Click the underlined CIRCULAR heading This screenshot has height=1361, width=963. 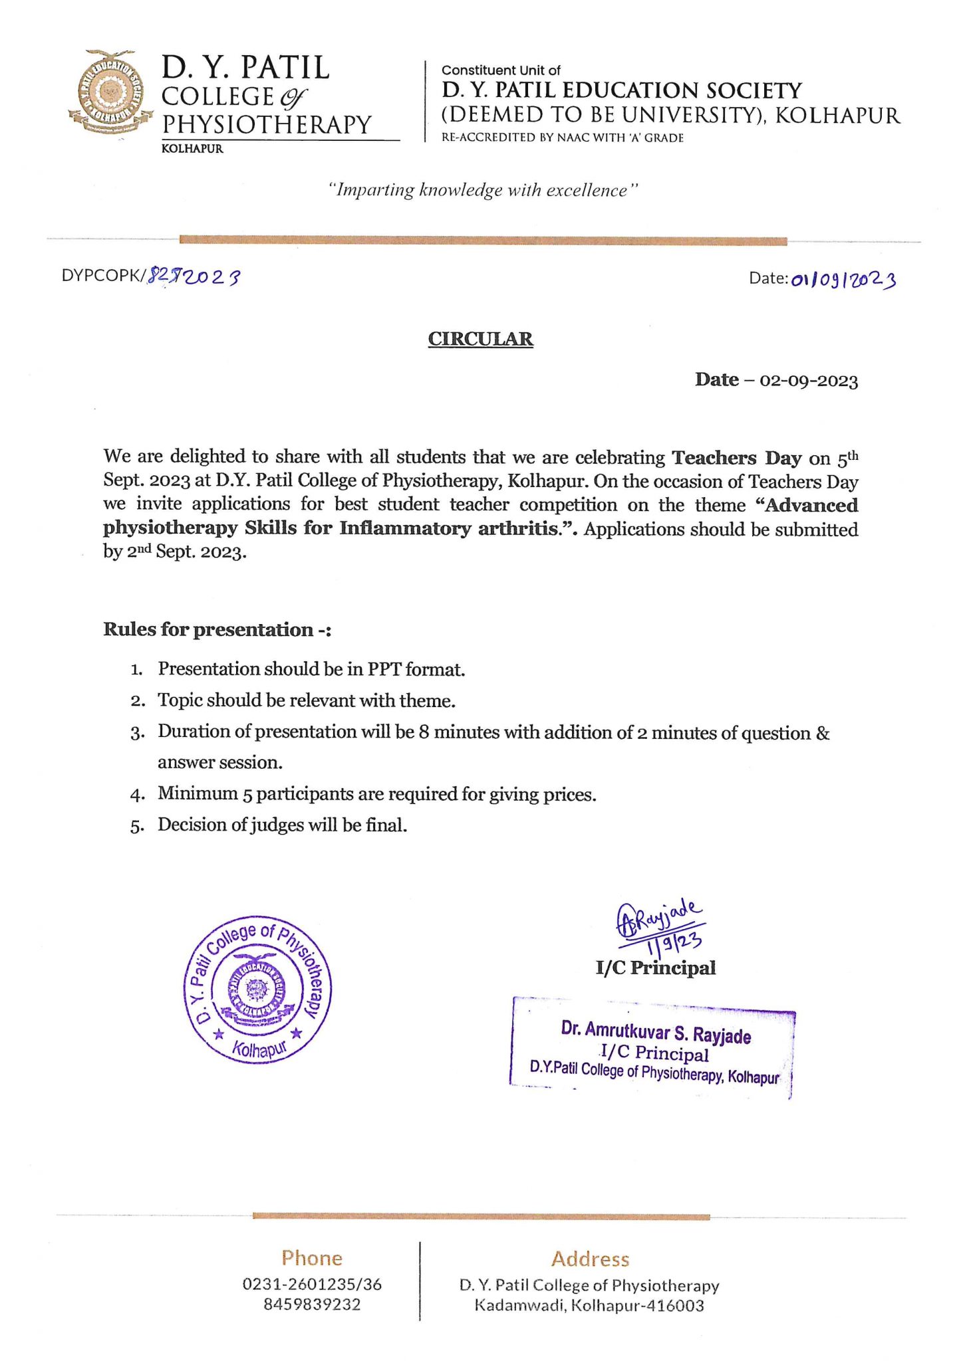(x=480, y=339)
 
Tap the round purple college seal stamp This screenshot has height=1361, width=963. (x=257, y=990)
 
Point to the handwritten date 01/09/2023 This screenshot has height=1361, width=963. (x=843, y=279)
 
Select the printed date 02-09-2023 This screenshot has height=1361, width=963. (x=809, y=381)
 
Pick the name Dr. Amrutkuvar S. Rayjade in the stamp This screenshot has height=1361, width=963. (x=656, y=1033)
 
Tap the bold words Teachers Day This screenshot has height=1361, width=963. (x=736, y=458)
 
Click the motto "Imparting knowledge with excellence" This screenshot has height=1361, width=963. (x=483, y=190)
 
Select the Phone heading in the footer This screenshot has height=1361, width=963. (x=312, y=1258)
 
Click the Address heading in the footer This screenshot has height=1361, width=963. (x=590, y=1259)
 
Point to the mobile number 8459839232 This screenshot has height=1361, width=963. (x=312, y=1304)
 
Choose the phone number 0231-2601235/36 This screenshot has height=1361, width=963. (x=312, y=1284)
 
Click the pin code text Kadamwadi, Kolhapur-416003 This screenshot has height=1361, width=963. (x=589, y=1305)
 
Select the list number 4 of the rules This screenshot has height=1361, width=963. (x=137, y=795)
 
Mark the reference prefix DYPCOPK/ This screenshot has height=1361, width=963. (x=103, y=276)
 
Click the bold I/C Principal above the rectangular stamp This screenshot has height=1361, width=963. (x=656, y=968)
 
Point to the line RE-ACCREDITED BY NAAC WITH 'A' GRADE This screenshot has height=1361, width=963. (x=563, y=138)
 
